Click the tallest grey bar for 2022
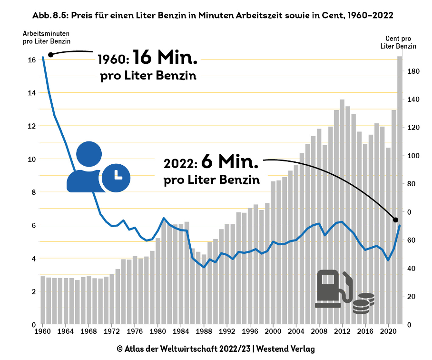click(400, 190)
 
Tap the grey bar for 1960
click(43, 300)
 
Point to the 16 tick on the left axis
click(32, 60)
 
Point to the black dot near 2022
click(395, 220)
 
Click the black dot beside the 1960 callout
click(51, 55)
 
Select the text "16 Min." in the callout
click(165, 58)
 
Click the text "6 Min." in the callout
click(230, 161)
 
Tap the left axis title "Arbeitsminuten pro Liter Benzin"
click(46, 37)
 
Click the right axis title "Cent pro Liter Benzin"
click(398, 42)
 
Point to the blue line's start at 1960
click(43, 58)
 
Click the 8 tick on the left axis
click(33, 192)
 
